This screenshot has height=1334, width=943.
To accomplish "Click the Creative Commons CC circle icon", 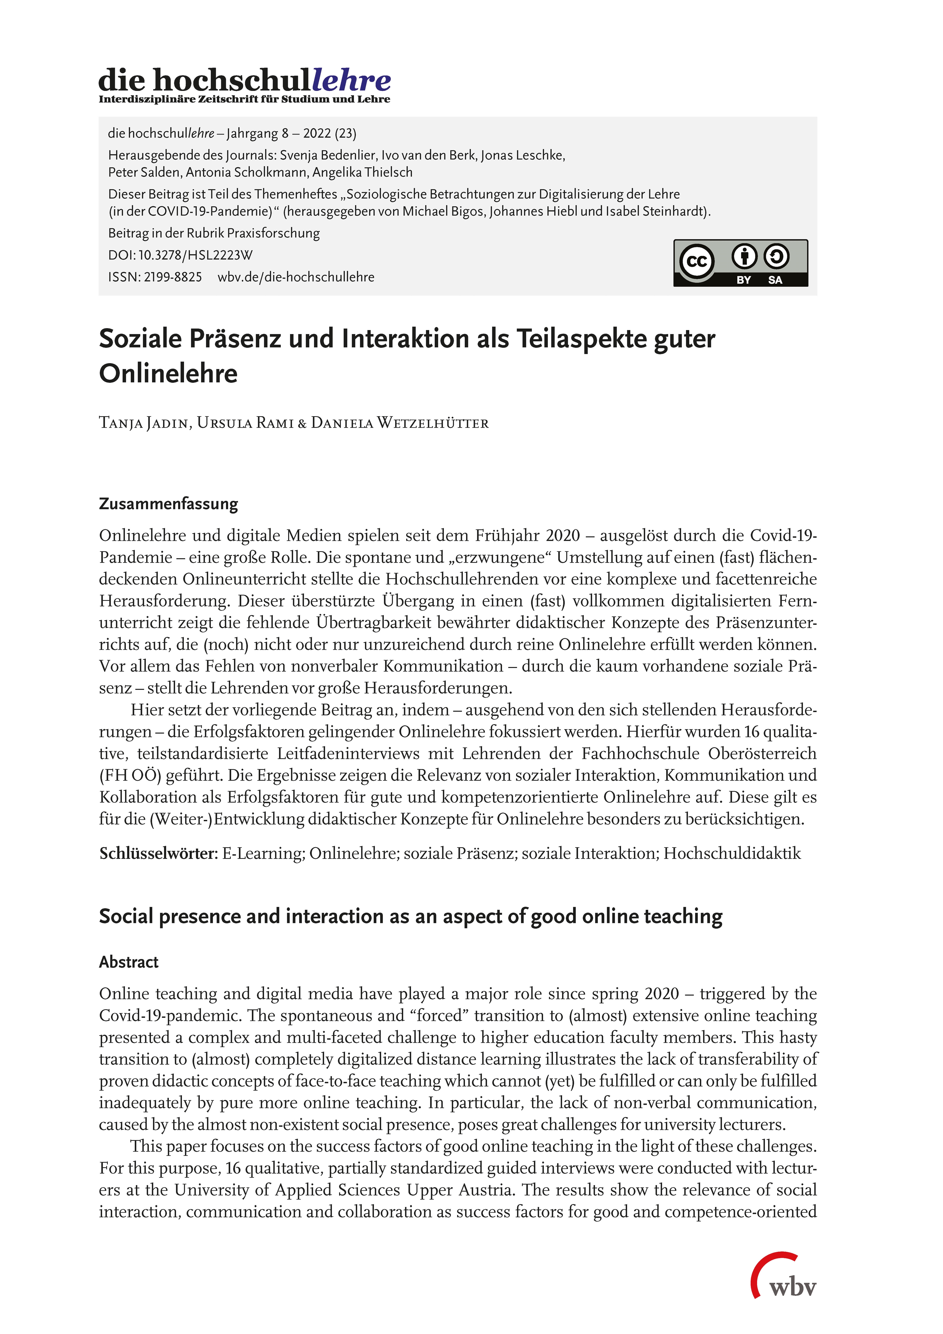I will (x=697, y=261).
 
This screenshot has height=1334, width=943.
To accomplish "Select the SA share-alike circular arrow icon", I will (x=776, y=256).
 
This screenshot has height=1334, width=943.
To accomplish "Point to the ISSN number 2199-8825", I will (x=173, y=277).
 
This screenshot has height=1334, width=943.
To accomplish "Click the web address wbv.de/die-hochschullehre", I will (x=296, y=277).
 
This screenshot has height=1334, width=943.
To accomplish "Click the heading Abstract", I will (x=128, y=962).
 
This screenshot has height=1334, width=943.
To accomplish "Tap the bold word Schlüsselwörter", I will (x=158, y=853).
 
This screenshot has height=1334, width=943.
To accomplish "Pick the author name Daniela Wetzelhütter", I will (x=400, y=423).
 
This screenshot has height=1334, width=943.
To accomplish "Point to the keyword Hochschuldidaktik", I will (x=732, y=853).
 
